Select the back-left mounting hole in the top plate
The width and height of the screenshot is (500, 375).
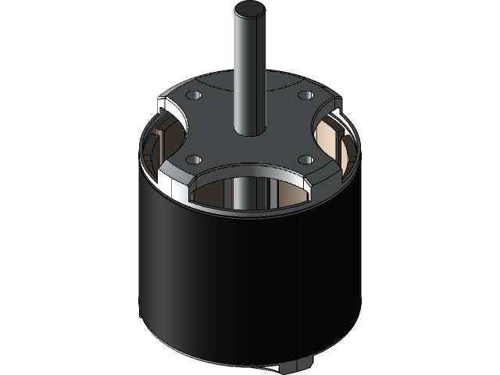coord(195,95)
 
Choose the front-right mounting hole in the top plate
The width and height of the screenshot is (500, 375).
coord(307,159)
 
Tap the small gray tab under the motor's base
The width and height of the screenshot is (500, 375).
coord(301,365)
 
